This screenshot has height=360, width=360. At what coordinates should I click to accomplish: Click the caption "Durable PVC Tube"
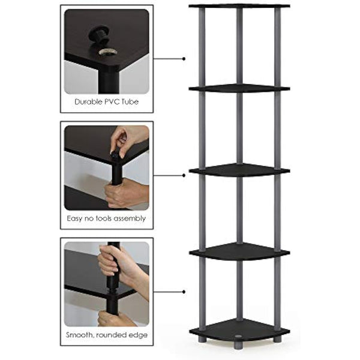pyautogui.click(x=106, y=101)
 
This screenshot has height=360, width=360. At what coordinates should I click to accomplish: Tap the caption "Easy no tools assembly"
pyautogui.click(x=106, y=218)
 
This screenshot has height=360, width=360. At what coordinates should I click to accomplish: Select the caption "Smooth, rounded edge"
pyautogui.click(x=106, y=335)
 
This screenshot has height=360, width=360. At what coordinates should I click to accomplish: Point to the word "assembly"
pyautogui.click(x=130, y=218)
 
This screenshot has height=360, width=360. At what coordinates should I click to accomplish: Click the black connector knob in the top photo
pyautogui.click(x=98, y=37)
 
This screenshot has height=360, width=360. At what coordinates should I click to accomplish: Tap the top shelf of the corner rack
pyautogui.click(x=239, y=6)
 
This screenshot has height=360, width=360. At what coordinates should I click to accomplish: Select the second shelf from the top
pyautogui.click(x=239, y=89)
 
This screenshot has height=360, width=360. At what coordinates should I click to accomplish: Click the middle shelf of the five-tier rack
pyautogui.click(x=239, y=170)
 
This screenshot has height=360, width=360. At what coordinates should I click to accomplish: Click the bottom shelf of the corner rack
pyautogui.click(x=239, y=331)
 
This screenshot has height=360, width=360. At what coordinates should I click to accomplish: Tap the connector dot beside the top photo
pyautogui.click(x=183, y=59)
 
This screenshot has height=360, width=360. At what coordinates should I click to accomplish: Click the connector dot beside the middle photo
pyautogui.click(x=183, y=175)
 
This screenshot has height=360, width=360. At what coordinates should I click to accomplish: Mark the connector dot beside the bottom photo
pyautogui.click(x=183, y=292)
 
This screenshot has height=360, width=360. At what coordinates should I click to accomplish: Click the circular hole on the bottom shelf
pyautogui.click(x=239, y=330)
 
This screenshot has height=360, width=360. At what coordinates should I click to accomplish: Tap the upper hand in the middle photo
pyautogui.click(x=126, y=139)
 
